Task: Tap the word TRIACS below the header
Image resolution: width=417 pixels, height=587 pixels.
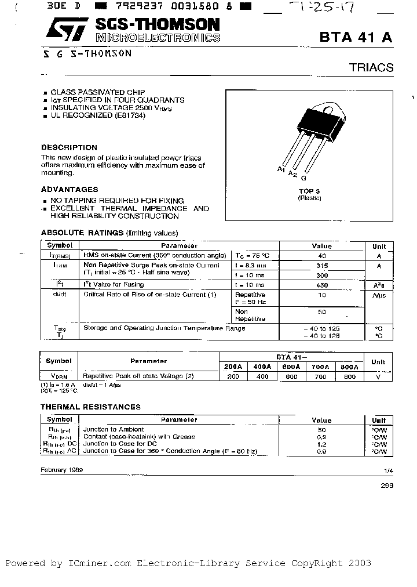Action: tap(371, 68)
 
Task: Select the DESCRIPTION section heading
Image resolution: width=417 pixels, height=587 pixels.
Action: tap(69, 147)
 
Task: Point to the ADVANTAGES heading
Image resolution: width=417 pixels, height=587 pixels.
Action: tap(69, 189)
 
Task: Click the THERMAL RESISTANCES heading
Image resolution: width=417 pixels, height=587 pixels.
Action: tap(90, 407)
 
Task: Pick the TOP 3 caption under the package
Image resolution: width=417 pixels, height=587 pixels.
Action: tap(309, 191)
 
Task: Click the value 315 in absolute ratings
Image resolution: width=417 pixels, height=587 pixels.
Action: tap(322, 265)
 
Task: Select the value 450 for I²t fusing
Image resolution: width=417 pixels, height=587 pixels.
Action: tap(322, 285)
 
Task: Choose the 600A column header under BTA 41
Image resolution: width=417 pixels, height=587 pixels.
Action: tap(291, 367)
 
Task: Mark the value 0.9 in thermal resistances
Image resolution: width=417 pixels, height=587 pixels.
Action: tap(321, 451)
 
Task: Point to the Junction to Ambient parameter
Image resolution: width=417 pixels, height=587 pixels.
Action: tap(114, 429)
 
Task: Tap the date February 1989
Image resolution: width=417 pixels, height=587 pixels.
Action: tap(62, 470)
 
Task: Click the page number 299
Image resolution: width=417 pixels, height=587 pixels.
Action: tap(387, 485)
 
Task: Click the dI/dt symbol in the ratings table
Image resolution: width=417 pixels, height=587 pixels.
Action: tap(59, 294)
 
